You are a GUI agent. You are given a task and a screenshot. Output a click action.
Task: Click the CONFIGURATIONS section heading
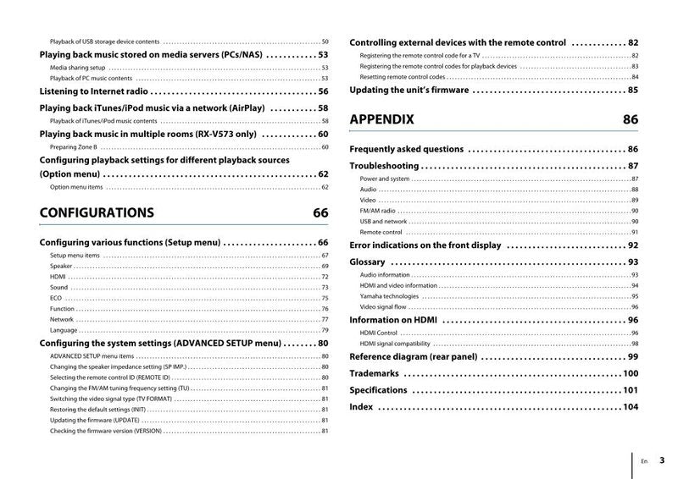tap(97, 213)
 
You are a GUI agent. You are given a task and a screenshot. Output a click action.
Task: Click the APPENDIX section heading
tap(381, 120)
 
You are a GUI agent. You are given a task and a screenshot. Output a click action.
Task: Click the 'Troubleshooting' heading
tap(384, 166)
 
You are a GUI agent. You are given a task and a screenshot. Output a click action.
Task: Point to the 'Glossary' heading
tap(367, 262)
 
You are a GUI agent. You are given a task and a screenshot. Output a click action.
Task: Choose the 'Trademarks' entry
tap(374, 373)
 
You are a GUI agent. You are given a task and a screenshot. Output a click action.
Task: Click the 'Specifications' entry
tap(378, 390)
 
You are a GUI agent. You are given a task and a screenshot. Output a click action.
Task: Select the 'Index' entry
tap(361, 407)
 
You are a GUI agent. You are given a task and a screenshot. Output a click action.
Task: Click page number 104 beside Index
tap(630, 407)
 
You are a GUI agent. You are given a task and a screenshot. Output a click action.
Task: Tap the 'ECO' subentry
tap(56, 299)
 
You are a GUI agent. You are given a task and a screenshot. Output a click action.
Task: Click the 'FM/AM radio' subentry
tap(377, 211)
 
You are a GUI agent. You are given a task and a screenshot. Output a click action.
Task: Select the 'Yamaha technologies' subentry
tap(389, 296)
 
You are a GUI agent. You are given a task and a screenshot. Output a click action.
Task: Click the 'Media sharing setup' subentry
tap(77, 67)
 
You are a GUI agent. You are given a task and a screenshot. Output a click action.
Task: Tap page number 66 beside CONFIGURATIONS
tap(320, 213)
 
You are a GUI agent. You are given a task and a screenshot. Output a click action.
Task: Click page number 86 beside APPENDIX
tap(631, 120)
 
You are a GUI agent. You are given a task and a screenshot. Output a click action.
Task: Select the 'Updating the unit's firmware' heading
tap(409, 90)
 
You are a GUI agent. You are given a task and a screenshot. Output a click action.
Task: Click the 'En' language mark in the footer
tap(644, 461)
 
